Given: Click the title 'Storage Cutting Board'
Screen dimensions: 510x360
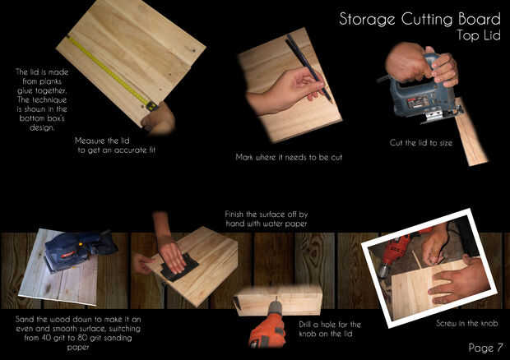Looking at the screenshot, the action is point(420,20).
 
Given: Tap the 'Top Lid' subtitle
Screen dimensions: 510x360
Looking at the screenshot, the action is point(478,35).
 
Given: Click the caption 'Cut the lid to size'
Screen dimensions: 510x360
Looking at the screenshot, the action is point(421,143).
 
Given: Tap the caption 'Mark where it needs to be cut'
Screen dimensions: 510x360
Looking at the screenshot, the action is point(289,157).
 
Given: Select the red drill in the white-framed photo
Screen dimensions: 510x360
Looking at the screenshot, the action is point(395,252).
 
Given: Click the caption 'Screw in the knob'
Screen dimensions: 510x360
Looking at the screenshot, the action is point(466,323).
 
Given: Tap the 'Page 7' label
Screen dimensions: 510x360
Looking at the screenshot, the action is point(485,348).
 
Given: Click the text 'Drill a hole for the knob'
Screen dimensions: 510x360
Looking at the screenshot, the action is point(330,329).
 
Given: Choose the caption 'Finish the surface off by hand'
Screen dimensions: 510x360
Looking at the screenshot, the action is point(267,219).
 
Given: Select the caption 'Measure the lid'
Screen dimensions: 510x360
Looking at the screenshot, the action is point(102,141).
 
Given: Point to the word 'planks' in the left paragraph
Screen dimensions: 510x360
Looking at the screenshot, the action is point(48,81).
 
